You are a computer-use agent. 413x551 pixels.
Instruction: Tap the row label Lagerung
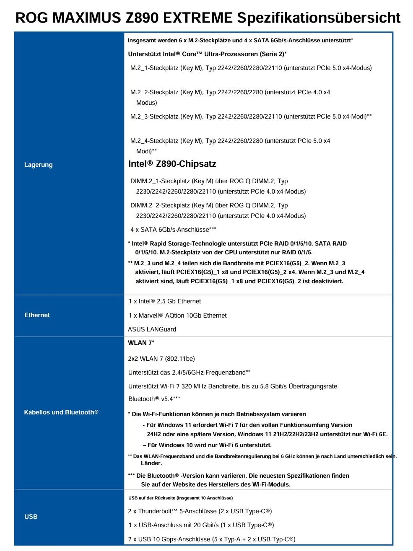tap(39, 165)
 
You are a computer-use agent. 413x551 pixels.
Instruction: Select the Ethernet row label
tap(37, 315)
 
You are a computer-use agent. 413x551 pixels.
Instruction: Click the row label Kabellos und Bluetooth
tap(61, 412)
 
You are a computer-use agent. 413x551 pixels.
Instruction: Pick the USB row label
tap(31, 517)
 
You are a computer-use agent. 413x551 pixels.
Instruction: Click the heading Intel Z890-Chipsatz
tap(172, 164)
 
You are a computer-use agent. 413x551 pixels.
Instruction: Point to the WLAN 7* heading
tap(141, 343)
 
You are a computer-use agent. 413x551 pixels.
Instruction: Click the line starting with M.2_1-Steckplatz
tap(251, 68)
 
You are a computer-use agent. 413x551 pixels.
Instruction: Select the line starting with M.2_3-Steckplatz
tap(251, 116)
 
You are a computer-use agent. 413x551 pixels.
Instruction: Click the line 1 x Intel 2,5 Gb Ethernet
tap(165, 301)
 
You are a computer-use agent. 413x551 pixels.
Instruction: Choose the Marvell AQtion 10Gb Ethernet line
tap(177, 316)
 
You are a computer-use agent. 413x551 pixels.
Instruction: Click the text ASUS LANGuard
tap(152, 329)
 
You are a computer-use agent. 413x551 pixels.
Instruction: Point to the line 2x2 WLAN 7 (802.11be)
tap(161, 359)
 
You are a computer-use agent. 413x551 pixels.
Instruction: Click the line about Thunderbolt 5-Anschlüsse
tap(200, 511)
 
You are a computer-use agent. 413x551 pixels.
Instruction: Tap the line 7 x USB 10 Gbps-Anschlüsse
tap(212, 539)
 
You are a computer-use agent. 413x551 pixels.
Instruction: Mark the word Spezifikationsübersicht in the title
tap(319, 18)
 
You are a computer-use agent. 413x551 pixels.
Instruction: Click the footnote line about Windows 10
tap(207, 445)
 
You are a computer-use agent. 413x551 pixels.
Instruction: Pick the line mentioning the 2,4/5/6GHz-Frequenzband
tap(190, 373)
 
